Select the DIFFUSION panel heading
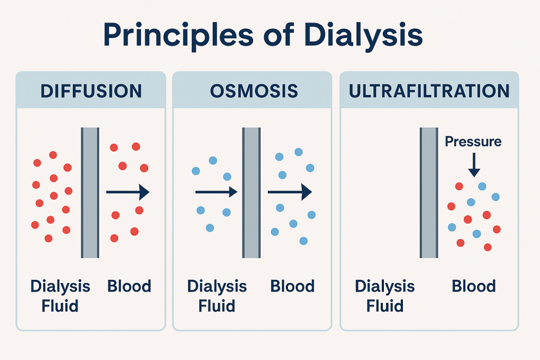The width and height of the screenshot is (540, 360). pos(91,91)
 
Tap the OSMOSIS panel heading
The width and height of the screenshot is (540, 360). pos(254,91)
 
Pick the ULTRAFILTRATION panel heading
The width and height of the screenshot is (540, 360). pos(429,91)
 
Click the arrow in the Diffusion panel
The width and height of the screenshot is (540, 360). pos(128,193)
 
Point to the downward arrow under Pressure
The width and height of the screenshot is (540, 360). pos(474,164)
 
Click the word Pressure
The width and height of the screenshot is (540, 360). pos(473,141)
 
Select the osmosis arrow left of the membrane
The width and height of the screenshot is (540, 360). pos(216,193)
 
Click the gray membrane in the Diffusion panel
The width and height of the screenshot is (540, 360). pos(90,193)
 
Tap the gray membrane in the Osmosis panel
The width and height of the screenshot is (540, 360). pos(251,193)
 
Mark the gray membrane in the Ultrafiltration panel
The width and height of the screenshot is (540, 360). pos(429,193)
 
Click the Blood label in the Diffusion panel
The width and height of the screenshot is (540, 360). pos(129,286)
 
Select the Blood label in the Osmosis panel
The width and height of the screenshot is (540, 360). pos(292,286)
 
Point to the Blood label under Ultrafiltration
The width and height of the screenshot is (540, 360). pos(474,286)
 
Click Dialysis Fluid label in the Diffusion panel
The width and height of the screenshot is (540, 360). pos(60,296)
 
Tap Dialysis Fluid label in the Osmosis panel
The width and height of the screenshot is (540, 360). pos(217,296)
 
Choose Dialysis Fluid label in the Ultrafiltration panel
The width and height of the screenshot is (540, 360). pos(384,296)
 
